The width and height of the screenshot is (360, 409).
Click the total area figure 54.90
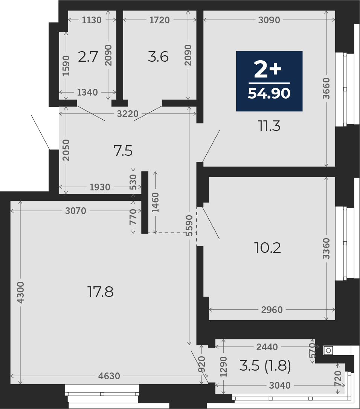[x=269, y=93]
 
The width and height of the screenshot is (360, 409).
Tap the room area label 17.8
[x=101, y=292]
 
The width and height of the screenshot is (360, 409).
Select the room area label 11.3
[x=269, y=126]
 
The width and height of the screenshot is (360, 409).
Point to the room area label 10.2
[x=267, y=248]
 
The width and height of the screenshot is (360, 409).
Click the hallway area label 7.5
[x=123, y=151]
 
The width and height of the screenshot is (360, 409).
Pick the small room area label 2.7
[x=88, y=56]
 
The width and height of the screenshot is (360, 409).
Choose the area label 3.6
[x=158, y=56]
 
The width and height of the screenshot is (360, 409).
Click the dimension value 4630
[x=109, y=376]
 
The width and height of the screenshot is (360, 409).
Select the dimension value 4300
[x=20, y=292]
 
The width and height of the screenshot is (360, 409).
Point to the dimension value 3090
[x=269, y=20]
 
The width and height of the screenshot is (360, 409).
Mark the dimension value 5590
[x=190, y=226]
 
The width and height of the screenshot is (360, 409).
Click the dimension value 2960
[x=272, y=310]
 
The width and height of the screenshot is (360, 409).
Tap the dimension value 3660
[x=326, y=88]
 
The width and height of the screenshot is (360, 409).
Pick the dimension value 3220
[x=128, y=114]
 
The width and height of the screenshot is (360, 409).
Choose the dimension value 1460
[x=155, y=202]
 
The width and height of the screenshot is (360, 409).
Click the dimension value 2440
[x=267, y=347]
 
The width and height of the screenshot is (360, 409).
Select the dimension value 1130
[x=92, y=20]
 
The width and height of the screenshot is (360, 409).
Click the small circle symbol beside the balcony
[x=328, y=351]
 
